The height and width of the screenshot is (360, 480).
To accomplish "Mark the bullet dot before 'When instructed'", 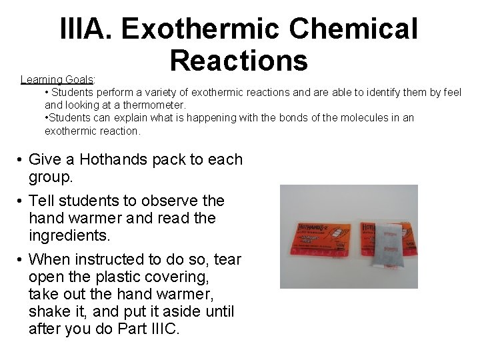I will [x=21, y=259].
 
